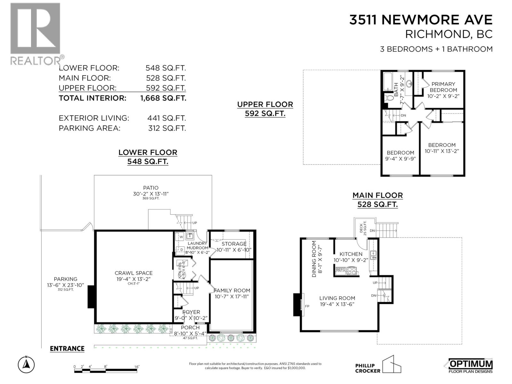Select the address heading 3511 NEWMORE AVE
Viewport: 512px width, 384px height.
click(420, 20)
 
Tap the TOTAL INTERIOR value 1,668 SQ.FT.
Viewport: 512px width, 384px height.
click(163, 98)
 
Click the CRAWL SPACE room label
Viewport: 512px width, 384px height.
click(133, 273)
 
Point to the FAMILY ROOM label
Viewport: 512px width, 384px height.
click(232, 291)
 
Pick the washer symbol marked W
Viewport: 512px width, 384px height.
click(181, 237)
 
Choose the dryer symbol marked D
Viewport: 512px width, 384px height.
click(181, 249)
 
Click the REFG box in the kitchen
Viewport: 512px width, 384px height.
click(340, 270)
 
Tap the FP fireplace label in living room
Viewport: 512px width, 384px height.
click(307, 306)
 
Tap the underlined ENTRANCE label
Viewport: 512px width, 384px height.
click(67, 348)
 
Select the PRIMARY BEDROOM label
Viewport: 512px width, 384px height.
click(443, 87)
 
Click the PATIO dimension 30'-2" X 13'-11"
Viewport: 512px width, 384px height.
click(151, 194)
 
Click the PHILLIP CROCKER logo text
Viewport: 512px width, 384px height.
click(368, 368)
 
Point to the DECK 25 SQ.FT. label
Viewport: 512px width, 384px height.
click(363, 228)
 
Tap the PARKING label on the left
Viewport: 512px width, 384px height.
click(65, 279)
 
